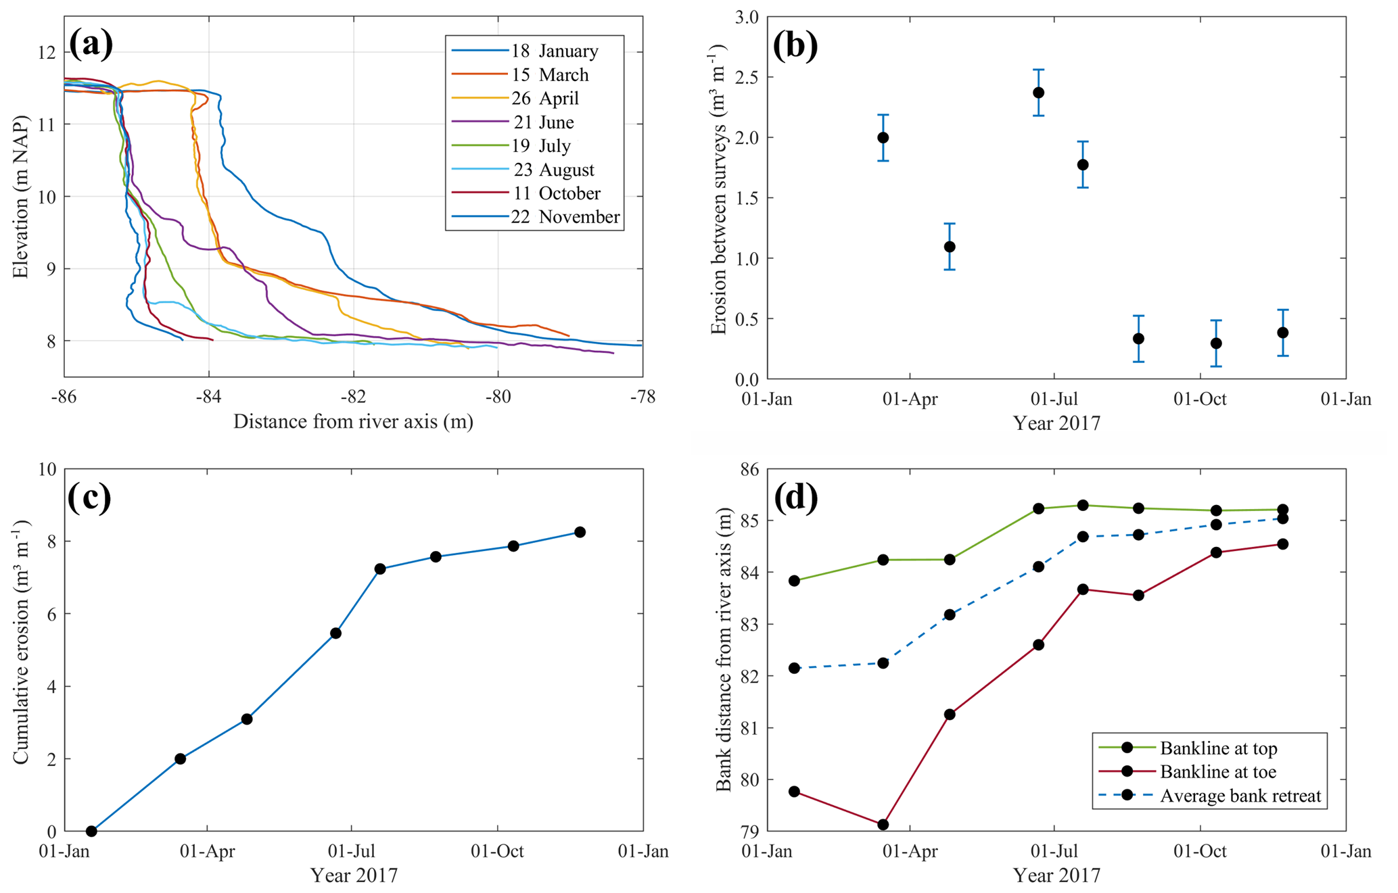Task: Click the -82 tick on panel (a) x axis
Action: tap(354, 397)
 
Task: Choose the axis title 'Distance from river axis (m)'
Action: tap(353, 422)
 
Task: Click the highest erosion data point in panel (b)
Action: tap(1038, 93)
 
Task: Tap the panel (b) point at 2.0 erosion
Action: tap(883, 137)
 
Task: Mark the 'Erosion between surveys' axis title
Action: tap(718, 189)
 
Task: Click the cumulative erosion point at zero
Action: tap(91, 831)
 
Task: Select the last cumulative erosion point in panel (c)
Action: tap(580, 532)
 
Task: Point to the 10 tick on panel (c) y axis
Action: tap(47, 469)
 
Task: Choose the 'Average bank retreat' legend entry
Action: tap(1240, 796)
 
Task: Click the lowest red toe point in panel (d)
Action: tap(883, 824)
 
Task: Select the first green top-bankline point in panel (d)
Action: tap(794, 581)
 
